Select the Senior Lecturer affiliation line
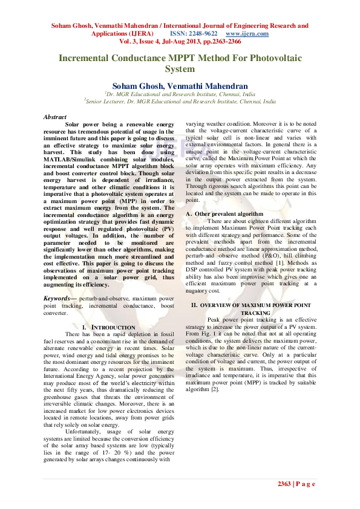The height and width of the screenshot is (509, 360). click(180, 102)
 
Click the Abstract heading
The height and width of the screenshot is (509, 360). click(55, 117)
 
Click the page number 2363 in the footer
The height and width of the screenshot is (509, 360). click(284, 483)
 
